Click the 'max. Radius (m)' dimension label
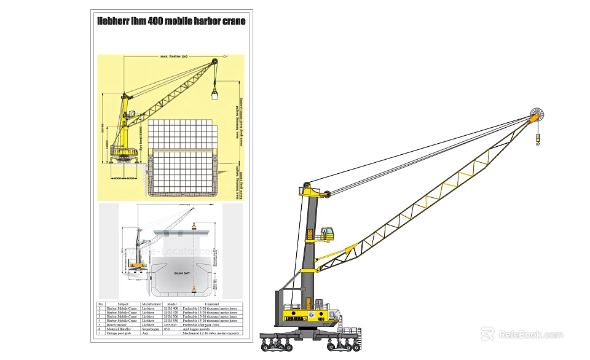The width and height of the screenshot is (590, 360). pos(175,57)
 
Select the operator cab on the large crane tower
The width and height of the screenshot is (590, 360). pos(327,233)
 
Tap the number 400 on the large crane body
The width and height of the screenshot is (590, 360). pos(320,320)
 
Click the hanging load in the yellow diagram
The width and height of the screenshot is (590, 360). pos(214,94)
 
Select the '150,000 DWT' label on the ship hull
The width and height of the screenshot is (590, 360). pos(183,273)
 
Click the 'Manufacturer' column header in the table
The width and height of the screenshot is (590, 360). pos(151,304)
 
